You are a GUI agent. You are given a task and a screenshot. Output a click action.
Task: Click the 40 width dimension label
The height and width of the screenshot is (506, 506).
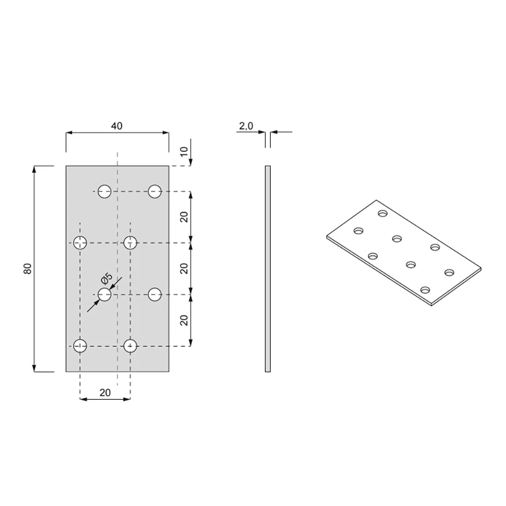click(x=117, y=126)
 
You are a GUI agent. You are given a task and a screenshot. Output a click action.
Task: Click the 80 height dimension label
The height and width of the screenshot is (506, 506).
click(x=28, y=269)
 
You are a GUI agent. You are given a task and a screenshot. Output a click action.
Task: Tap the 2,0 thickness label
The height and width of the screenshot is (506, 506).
click(x=246, y=126)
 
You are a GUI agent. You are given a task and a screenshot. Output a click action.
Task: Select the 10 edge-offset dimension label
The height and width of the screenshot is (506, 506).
click(x=184, y=151)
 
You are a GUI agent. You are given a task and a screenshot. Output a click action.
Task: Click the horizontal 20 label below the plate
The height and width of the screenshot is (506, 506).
click(x=105, y=393)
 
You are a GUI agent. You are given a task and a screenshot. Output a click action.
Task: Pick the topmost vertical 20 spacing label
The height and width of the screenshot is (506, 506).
click(x=184, y=217)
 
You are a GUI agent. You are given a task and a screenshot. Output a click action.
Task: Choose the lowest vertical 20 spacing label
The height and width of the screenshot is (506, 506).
click(x=184, y=320)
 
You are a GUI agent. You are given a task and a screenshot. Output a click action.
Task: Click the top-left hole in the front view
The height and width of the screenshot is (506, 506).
click(x=105, y=191)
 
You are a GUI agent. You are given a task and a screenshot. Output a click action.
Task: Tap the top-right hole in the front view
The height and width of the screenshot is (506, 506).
click(x=155, y=191)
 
